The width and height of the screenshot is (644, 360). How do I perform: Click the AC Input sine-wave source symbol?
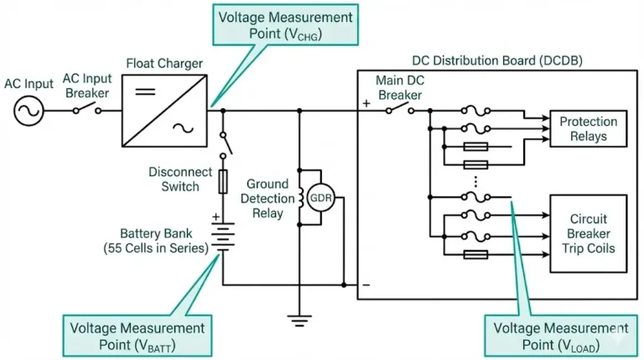pos(26,109)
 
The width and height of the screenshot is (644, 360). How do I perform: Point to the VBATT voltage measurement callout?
pos(136,334)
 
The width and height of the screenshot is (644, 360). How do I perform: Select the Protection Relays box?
pos(588,128)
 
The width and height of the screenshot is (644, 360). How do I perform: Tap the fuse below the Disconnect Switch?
pos(223,180)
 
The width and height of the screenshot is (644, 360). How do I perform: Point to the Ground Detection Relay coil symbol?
pos(299,199)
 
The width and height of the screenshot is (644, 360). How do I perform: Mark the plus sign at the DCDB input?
pos(366,105)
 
